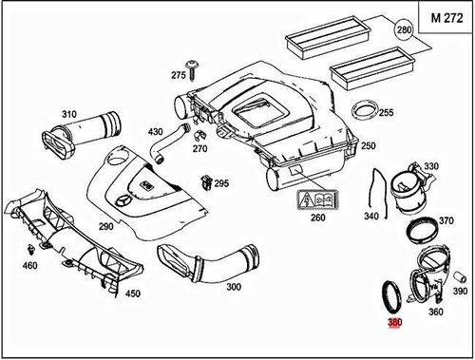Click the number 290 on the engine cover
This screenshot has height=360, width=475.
[105, 226]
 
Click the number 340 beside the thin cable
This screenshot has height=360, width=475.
[344, 216]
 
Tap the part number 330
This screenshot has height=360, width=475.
[431, 166]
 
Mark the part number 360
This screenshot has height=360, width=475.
[437, 312]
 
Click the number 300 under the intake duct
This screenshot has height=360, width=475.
[234, 286]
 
